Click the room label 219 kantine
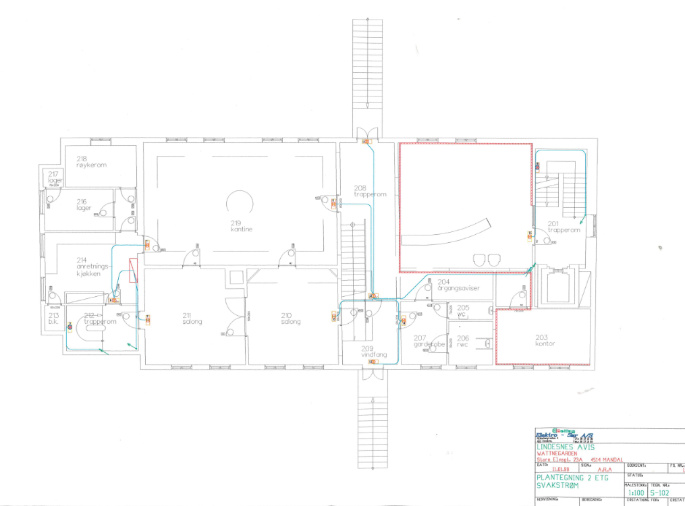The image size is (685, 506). pos(241,226)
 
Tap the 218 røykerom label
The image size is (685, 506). pos(91,162)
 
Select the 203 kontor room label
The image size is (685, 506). pos(545,341)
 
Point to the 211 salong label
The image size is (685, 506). pos(192,318)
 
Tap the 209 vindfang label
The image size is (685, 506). pos(368,352)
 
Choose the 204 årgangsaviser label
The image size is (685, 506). pos(458,285)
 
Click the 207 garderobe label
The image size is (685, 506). pos(427,341)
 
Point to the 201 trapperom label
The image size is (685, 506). pos(563,227)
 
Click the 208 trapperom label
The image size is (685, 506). pos(369,191)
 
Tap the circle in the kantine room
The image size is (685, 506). pos(241,203)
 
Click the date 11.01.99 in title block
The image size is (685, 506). pos(561,470)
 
